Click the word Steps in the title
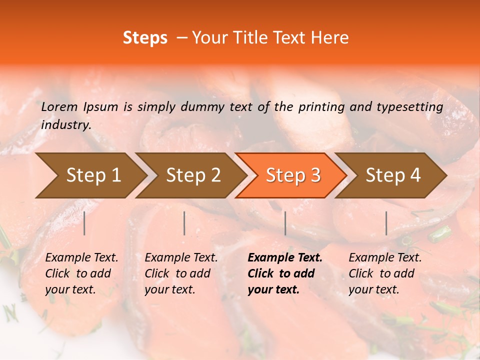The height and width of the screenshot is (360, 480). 145,38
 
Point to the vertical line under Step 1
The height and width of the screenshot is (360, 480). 84,223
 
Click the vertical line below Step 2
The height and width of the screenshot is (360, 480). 184,223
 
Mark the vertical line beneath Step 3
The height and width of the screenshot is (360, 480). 285,223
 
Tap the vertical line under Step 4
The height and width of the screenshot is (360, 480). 386,223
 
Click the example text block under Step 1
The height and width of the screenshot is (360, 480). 81,273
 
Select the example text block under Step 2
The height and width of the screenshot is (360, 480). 181,273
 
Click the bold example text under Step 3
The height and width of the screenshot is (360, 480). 284,273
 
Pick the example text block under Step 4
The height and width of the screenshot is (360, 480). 385,273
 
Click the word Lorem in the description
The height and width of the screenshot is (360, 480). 59,107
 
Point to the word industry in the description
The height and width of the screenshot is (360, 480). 66,125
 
